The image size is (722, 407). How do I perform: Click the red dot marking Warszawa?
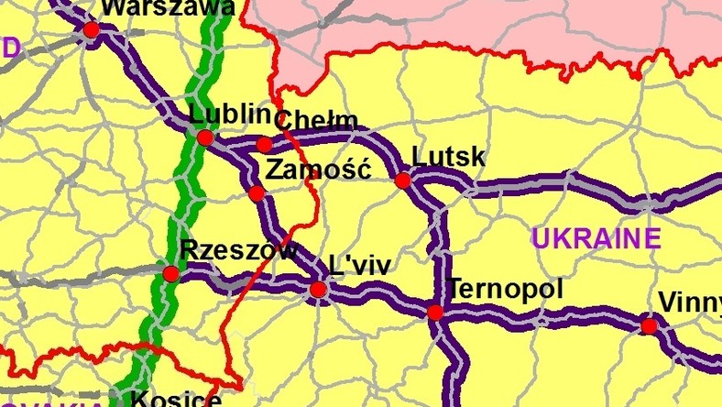point(91,29)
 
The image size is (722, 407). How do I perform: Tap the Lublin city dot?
point(205,137)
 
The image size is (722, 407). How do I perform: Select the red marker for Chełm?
point(264,145)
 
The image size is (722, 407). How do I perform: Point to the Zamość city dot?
point(257,193)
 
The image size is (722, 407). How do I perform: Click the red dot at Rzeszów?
point(170,273)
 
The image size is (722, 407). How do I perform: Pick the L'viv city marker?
point(318,291)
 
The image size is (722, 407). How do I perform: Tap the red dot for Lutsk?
point(402,181)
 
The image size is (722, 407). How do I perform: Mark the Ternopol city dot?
point(435,313)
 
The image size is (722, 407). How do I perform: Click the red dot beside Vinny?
point(649,325)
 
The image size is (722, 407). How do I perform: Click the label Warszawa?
point(168,8)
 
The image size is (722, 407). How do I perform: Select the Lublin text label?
point(229,115)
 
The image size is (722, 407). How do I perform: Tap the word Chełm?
point(316,120)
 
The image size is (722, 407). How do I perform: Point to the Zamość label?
point(316,170)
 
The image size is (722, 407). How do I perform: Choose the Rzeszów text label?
point(238,250)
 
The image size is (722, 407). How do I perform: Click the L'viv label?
point(359,266)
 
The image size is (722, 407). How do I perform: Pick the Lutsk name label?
point(449,157)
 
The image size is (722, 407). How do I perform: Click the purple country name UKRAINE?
point(596,239)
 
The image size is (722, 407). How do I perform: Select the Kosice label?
point(175,400)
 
